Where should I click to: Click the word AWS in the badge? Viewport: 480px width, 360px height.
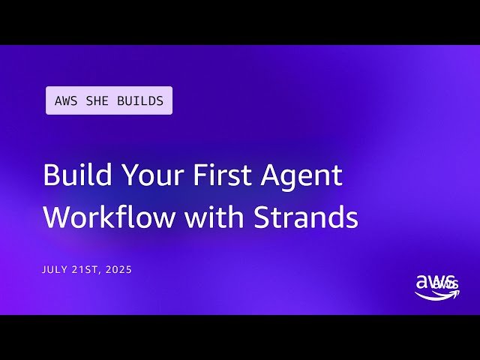coord(65,101)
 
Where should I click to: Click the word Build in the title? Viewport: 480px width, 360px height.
coord(70,175)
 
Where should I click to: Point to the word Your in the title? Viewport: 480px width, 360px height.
coord(141,175)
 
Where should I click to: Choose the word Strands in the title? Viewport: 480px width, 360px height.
coord(305,217)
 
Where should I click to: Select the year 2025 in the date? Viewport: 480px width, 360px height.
coord(118,269)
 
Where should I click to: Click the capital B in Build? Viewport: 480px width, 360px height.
coord(51,175)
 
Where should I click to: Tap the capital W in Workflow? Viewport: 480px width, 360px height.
coord(56,217)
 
